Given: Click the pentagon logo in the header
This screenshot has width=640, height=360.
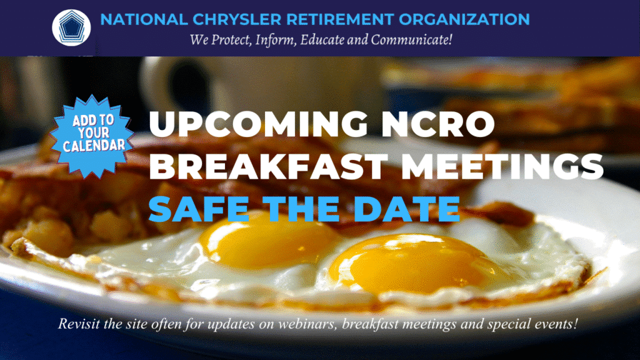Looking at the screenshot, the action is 71,27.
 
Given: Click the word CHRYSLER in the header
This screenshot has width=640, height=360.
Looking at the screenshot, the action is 237,19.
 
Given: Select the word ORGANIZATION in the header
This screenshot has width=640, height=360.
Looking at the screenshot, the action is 464,19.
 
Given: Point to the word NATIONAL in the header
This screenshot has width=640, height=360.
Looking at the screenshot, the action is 144,19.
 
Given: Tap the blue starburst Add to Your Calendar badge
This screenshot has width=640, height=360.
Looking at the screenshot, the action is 94,136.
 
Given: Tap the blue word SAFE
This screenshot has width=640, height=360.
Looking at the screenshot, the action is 199,209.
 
